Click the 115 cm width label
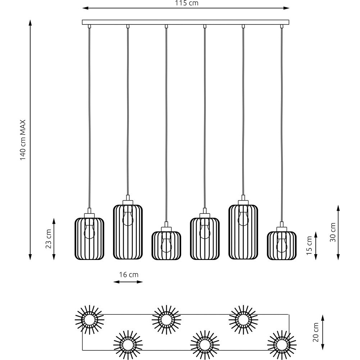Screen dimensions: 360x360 tap(186, 3)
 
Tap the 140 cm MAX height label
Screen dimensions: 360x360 tap(23, 140)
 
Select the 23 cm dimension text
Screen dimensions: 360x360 tap(49, 239)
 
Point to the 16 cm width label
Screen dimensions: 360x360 tap(129, 275)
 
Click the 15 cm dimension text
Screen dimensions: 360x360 tap(310, 246)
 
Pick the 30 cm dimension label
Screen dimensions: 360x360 tap(333, 232)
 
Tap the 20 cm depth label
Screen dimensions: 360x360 tap(316, 332)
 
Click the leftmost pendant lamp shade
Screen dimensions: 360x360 tap(89, 239)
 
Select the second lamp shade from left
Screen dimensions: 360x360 tap(128, 232)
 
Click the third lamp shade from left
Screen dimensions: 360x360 tap(166, 246)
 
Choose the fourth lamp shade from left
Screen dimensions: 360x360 tap(205, 239)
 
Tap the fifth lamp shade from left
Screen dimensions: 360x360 tap(243, 232)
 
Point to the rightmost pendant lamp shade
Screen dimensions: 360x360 tap(282, 246)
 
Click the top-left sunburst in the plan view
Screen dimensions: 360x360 tap(90, 320)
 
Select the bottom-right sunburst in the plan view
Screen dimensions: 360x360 tap(282, 345)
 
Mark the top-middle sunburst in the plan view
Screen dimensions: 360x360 tap(166, 320)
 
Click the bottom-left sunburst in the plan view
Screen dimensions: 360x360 tap(128, 345)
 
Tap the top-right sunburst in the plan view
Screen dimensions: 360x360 tap(243, 320)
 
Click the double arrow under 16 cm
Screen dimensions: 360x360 tap(128, 282)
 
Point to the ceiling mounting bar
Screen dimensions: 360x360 tap(185, 22)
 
